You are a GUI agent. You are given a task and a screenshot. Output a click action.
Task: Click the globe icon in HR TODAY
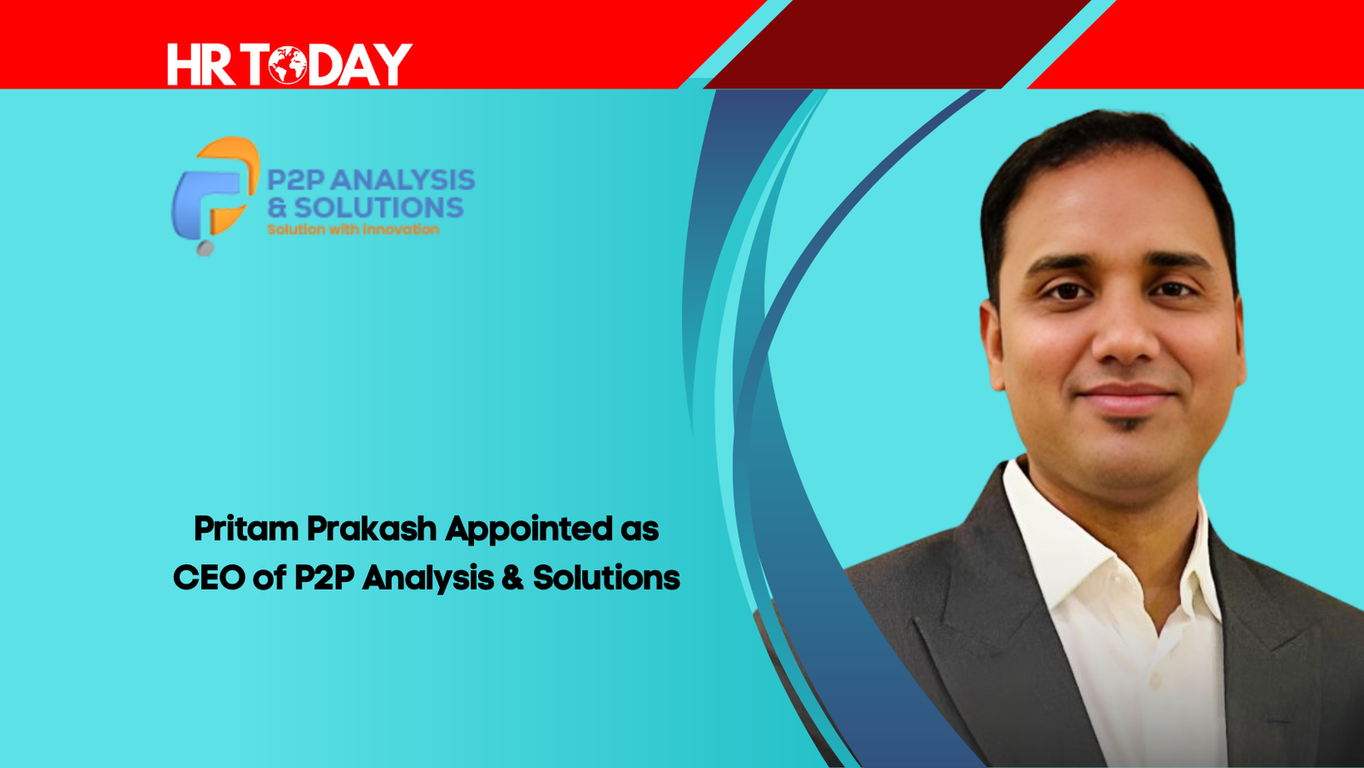coord(287,65)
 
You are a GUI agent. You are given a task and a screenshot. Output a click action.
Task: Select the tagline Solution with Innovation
coord(353,229)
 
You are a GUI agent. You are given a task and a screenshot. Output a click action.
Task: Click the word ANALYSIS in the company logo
coord(403,180)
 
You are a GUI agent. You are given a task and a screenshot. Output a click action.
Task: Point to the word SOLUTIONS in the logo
coord(379,208)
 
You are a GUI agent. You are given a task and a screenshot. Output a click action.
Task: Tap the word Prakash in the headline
coord(372,528)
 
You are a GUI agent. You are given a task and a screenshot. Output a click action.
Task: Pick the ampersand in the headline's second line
coord(512,577)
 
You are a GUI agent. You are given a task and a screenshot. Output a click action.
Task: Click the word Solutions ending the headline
coord(606,577)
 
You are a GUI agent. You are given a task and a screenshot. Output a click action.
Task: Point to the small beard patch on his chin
coord(1124,424)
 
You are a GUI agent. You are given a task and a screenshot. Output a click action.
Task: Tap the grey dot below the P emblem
coord(205,248)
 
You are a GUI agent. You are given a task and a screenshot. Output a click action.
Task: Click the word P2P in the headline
coord(325,577)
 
